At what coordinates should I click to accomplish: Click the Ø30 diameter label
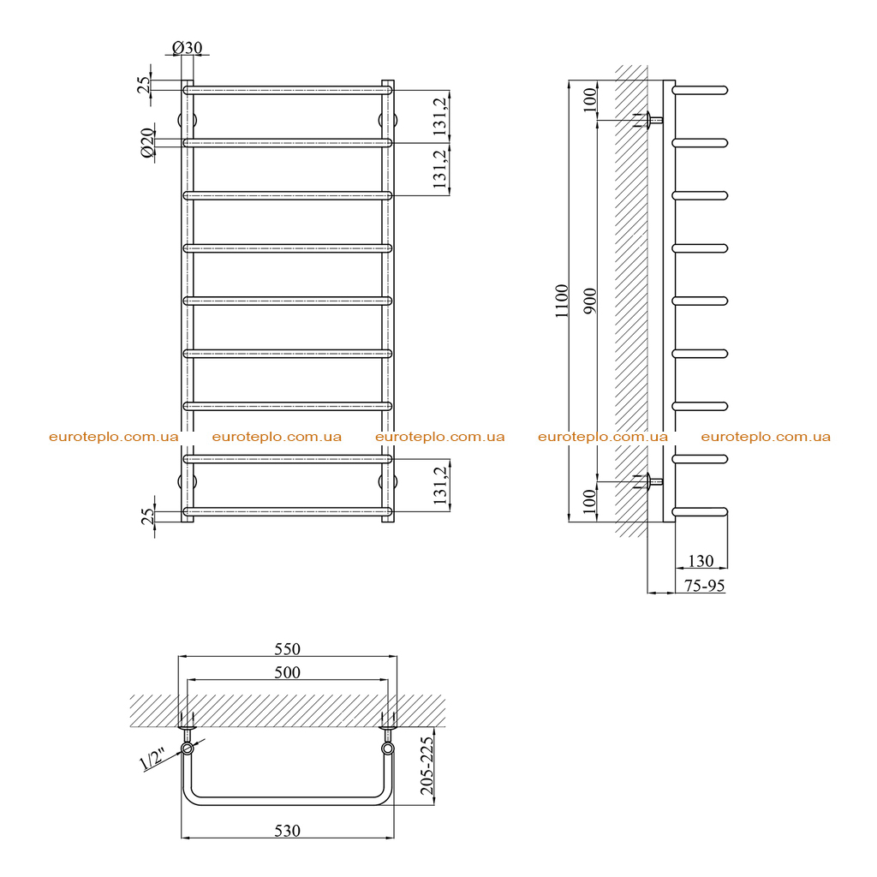[187, 48]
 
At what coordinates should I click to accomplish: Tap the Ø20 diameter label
[147, 143]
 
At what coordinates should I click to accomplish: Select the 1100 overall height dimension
[562, 301]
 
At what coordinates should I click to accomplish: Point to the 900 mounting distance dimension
[590, 301]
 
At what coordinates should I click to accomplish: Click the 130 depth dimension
[701, 560]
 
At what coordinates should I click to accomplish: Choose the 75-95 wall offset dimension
[704, 585]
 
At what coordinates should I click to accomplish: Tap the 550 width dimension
[287, 649]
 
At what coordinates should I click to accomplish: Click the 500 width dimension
[287, 671]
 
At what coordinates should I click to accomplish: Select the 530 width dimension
[287, 831]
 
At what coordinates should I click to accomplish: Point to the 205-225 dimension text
[427, 766]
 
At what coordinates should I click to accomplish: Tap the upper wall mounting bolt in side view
[648, 120]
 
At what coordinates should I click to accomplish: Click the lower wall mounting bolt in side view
[648, 481]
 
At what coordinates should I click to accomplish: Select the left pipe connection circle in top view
[187, 749]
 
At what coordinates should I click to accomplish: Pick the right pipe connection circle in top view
[388, 749]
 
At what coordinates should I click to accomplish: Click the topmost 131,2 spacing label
[441, 116]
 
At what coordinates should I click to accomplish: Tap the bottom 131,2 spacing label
[441, 485]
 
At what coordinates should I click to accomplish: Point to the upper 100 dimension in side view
[590, 100]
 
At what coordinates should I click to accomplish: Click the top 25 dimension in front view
[144, 85]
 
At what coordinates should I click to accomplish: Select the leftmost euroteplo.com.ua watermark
[114, 437]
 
